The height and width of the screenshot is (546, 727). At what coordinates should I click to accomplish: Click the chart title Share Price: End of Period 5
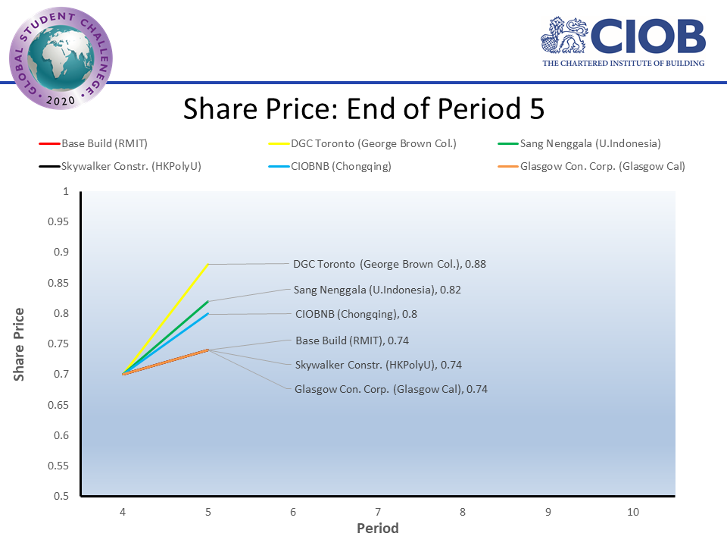pos(363,109)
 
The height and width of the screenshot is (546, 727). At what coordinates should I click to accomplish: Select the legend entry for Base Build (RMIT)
pos(105,143)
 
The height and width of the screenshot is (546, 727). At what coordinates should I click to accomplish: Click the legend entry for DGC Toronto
pos(370,143)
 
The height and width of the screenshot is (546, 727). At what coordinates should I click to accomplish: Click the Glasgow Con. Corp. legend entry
pos(602,166)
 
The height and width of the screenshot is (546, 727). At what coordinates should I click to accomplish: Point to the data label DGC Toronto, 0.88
pos(389,265)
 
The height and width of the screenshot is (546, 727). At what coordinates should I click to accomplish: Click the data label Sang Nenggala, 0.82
pos(377,290)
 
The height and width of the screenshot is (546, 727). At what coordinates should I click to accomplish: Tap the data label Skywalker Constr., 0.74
pos(378,365)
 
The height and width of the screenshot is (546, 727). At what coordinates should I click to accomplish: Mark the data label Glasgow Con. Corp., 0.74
pos(391,389)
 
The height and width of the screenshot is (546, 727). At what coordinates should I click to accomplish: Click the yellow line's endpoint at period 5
pos(207,265)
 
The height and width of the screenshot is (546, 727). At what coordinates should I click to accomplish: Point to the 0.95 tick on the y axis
pos(58,221)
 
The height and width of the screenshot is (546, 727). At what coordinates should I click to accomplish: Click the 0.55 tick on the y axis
pos(58,466)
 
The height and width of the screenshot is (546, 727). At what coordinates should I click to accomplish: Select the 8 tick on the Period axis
pos(463,513)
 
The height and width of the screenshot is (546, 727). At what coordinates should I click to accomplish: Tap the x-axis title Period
pos(377,529)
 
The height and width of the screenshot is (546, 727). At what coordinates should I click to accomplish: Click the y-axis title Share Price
pos(19,344)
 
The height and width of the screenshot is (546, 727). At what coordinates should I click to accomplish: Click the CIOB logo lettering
pos(647,36)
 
